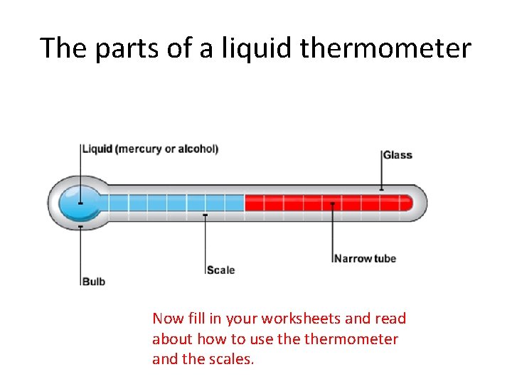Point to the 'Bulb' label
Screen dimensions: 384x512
click(93, 281)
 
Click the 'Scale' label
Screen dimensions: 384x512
click(220, 270)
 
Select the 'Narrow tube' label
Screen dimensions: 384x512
click(365, 258)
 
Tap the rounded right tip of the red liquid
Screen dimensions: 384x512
click(409, 203)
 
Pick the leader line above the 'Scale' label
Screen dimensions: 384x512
click(206, 242)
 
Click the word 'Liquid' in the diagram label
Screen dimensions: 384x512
click(97, 149)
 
